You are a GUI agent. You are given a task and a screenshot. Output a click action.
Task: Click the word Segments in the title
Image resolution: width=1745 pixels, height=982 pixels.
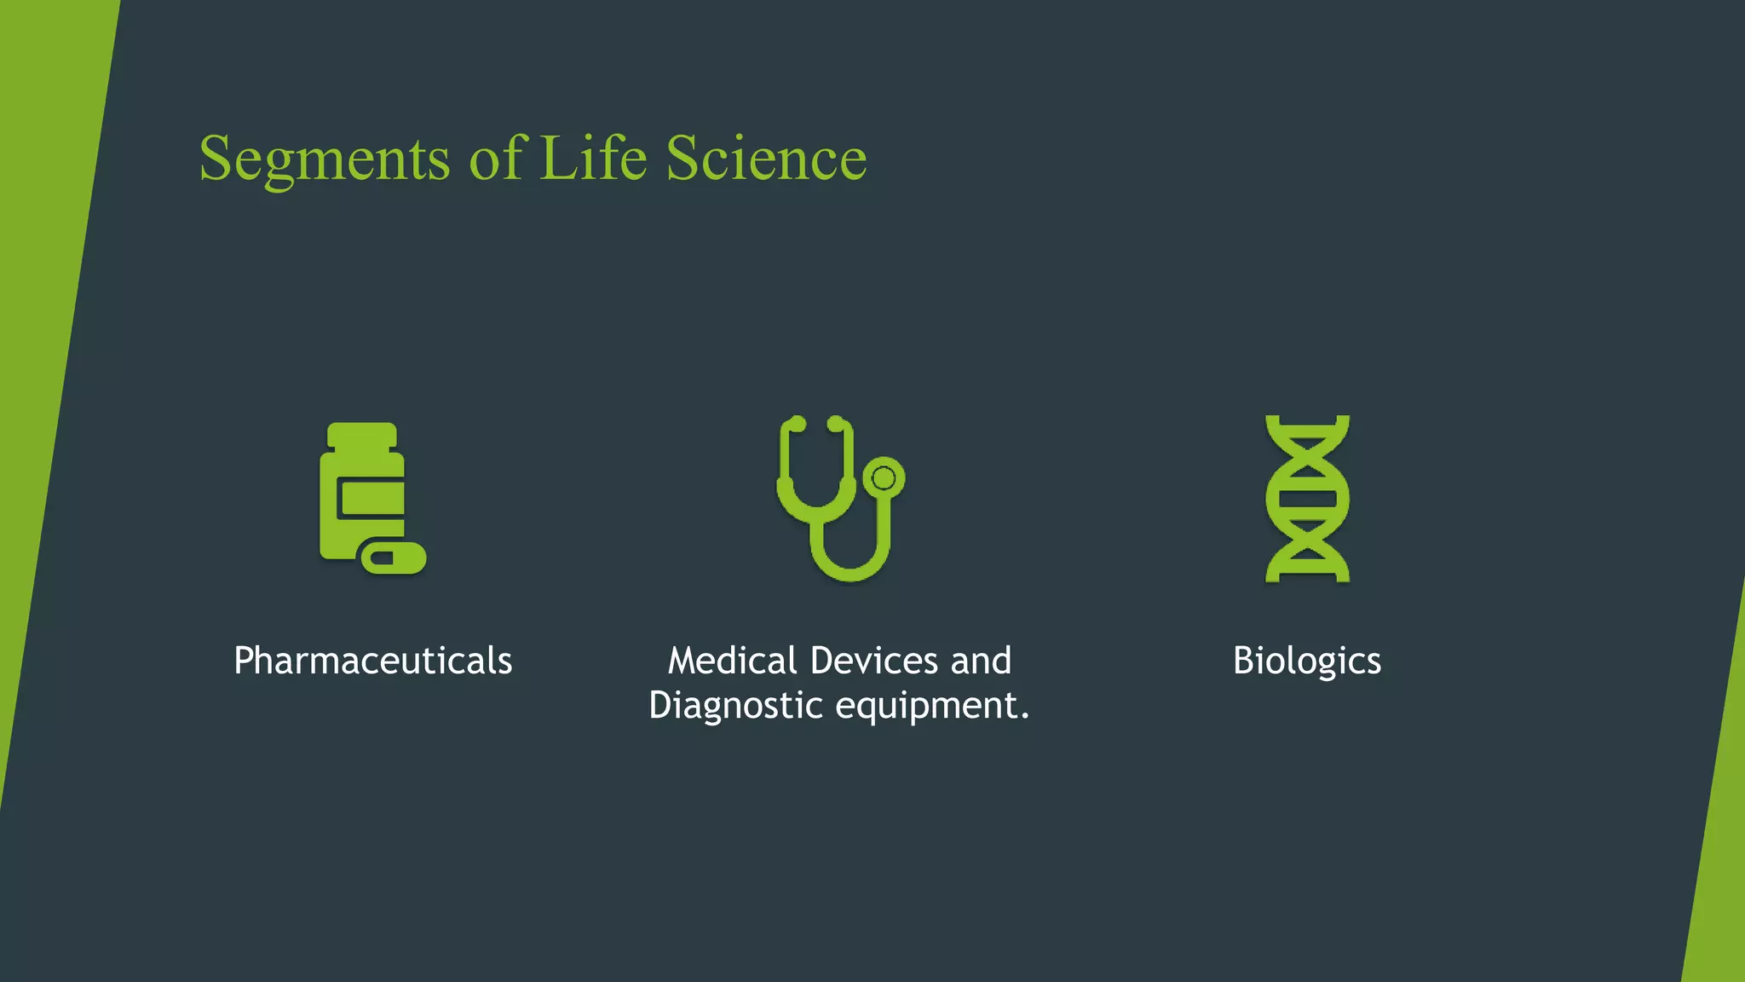pos(324,159)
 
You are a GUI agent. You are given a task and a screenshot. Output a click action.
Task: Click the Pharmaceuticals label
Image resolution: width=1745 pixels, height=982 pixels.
pos(373,661)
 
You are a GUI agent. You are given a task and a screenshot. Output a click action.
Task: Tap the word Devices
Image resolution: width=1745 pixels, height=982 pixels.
pos(874,661)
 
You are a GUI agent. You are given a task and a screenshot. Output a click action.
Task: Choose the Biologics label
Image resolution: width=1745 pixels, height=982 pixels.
pos(1307,661)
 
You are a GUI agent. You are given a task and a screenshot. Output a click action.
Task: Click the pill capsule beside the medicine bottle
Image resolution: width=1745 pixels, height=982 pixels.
pos(393,558)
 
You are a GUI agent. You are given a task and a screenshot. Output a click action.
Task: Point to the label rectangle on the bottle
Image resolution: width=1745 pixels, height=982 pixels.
pos(371,499)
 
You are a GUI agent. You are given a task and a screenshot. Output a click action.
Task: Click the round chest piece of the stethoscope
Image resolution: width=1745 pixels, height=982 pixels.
pos(884,478)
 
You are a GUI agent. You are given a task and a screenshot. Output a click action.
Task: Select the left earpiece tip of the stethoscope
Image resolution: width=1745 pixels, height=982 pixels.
pos(798,424)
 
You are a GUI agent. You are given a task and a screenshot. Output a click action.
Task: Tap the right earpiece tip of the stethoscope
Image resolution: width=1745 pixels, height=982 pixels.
pos(836,424)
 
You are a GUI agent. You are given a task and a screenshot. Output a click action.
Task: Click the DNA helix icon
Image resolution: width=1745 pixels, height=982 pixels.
pos(1307,499)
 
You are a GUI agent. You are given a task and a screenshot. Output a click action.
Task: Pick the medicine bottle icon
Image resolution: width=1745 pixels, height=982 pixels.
pos(362,494)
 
